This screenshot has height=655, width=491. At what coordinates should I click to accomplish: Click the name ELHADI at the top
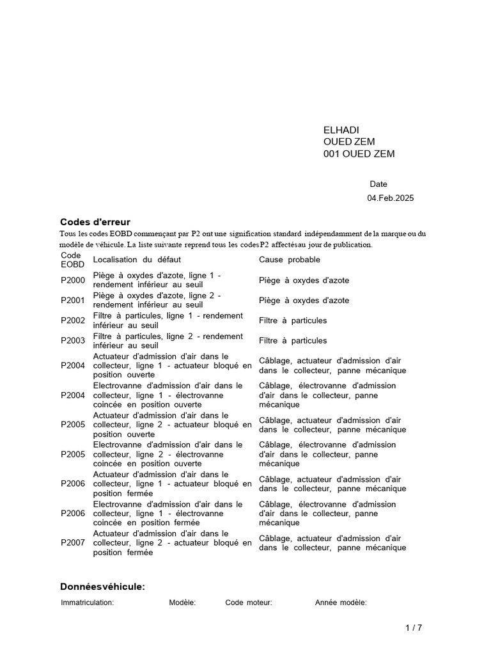[341, 130]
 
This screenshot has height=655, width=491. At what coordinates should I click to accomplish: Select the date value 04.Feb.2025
[390, 198]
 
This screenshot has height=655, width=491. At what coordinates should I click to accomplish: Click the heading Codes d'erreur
[95, 221]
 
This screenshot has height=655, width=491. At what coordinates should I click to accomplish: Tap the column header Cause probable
[290, 260]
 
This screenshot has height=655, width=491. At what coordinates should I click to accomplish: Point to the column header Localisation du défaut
[137, 260]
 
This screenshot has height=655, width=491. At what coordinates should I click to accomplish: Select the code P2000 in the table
[73, 280]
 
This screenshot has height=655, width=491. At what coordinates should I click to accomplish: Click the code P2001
[73, 300]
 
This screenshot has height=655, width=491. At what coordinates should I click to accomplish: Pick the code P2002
[73, 320]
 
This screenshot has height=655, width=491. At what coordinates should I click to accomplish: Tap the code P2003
[73, 340]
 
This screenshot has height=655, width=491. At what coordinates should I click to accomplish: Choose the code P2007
[73, 542]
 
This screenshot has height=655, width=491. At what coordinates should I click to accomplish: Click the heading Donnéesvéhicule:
[102, 587]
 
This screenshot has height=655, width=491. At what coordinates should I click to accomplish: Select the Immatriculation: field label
[88, 603]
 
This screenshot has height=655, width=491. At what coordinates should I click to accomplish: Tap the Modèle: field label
[182, 603]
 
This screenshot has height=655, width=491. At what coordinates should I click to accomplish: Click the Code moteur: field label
[249, 603]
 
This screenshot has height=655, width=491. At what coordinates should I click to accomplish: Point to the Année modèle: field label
[341, 603]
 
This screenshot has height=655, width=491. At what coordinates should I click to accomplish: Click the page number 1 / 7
[414, 628]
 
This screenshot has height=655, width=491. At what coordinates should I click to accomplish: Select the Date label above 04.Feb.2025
[378, 184]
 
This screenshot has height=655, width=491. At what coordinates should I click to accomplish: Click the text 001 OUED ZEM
[359, 154]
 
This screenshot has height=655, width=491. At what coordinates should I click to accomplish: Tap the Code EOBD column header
[72, 260]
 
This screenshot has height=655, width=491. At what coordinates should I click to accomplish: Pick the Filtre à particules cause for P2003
[293, 340]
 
